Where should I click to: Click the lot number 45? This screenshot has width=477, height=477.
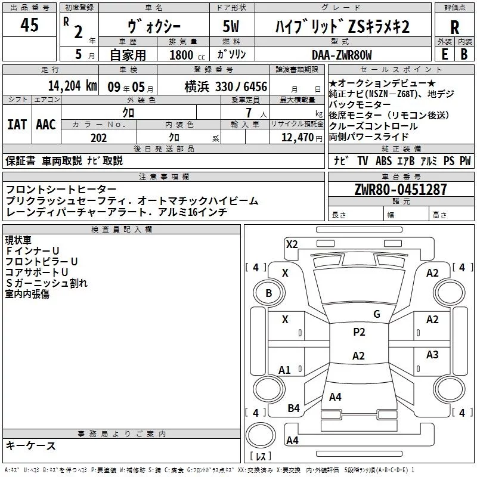29,26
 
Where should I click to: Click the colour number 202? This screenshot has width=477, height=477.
98,138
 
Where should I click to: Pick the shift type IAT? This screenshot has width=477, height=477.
17,124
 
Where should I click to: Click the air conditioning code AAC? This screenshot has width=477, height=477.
46,124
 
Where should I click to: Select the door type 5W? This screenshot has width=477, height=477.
233,27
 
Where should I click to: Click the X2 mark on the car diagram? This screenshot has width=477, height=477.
292,244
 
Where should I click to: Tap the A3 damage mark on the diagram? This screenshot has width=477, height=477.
432,355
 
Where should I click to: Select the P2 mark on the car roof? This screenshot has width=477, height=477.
359,332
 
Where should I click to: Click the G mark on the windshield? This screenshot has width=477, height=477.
376,314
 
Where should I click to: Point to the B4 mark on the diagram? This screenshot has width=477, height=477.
293,408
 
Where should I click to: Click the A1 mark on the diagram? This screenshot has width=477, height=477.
284,370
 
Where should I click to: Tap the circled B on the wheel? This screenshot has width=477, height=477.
268,293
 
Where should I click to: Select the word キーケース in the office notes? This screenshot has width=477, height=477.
31,446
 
